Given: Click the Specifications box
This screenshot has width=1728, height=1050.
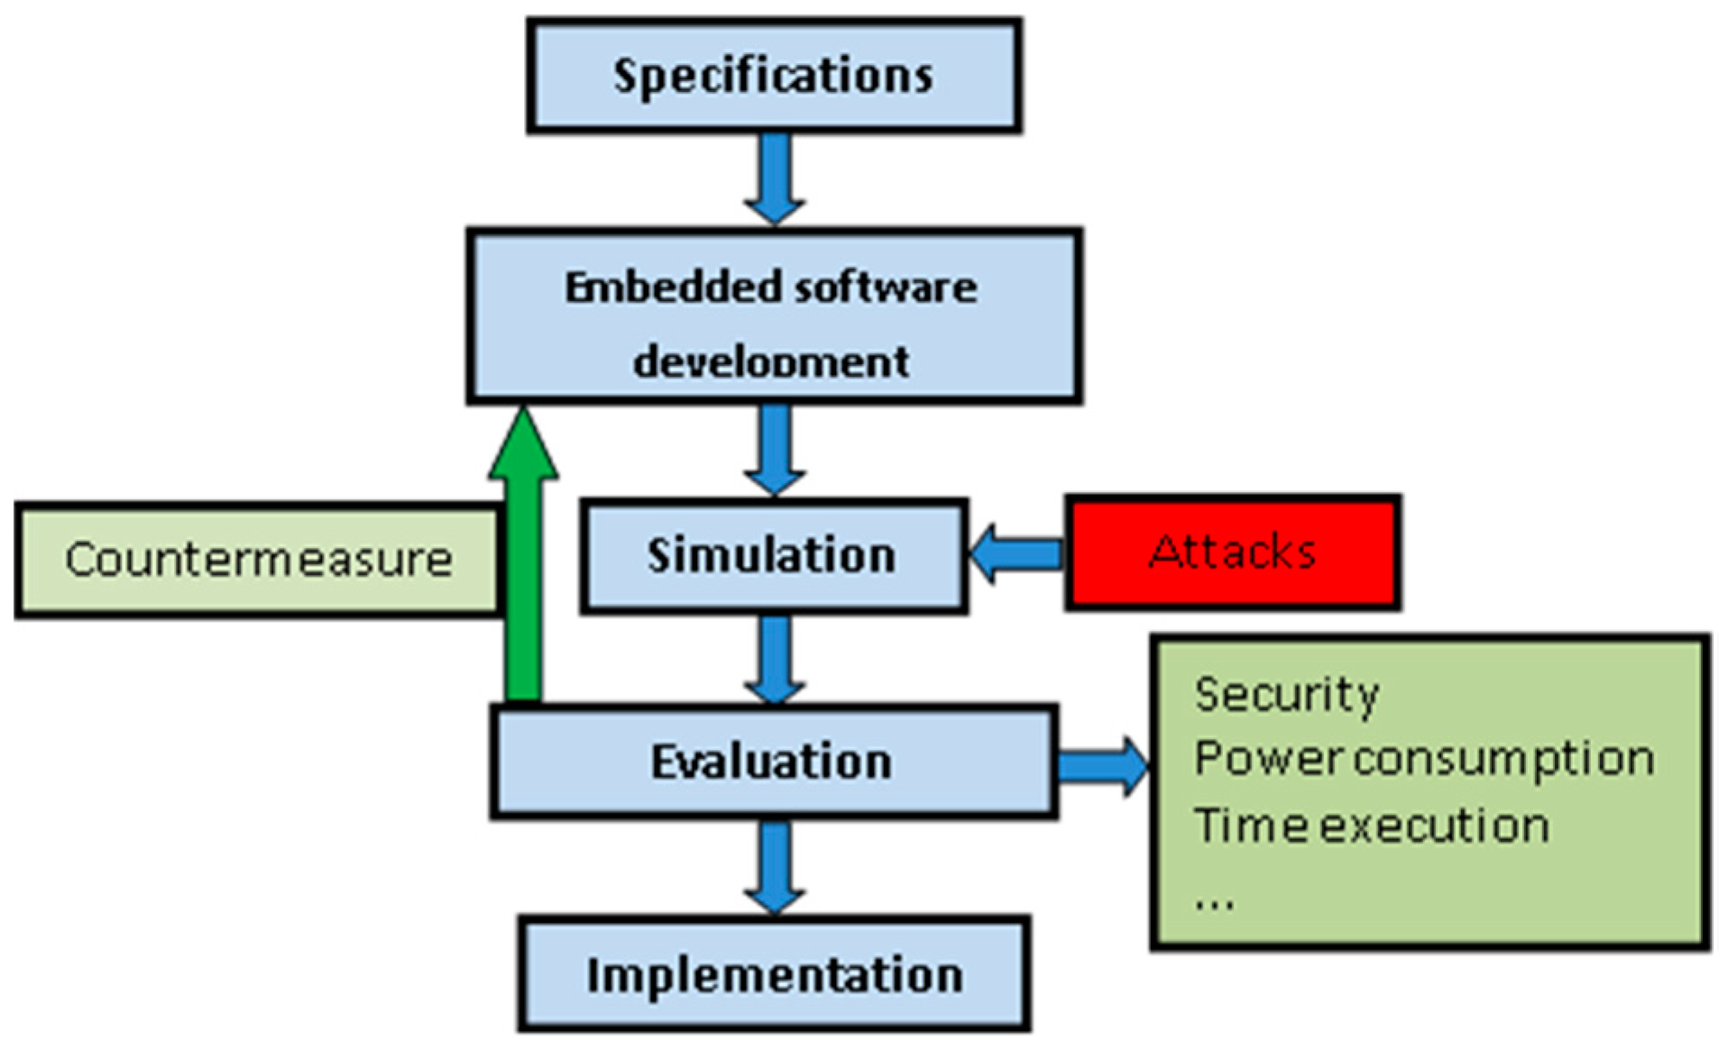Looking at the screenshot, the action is point(774,76).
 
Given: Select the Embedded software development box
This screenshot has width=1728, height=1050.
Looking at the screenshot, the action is point(774,315).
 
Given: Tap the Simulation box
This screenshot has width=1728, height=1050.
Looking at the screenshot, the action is point(774,556).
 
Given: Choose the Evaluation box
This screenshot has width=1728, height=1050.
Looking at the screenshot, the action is point(774,762).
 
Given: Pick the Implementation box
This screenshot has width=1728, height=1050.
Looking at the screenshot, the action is point(774,974).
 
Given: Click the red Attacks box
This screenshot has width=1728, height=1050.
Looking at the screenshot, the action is point(1232,552).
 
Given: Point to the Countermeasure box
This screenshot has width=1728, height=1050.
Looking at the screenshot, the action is point(258,560).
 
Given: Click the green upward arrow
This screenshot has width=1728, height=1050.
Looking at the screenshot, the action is point(523,554).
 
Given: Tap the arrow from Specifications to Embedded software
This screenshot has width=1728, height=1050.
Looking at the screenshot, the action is point(774,179).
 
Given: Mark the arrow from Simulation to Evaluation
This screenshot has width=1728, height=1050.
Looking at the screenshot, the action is point(774,660).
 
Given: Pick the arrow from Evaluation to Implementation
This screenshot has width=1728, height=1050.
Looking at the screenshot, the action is point(774,867).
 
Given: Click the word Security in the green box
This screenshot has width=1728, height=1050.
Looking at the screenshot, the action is point(1287,696).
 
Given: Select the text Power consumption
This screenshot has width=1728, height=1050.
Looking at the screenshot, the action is point(1424,759).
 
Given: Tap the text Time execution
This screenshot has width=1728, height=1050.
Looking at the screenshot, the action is point(1372,826).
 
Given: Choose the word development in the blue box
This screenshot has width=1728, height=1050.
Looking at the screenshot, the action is point(771,362).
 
